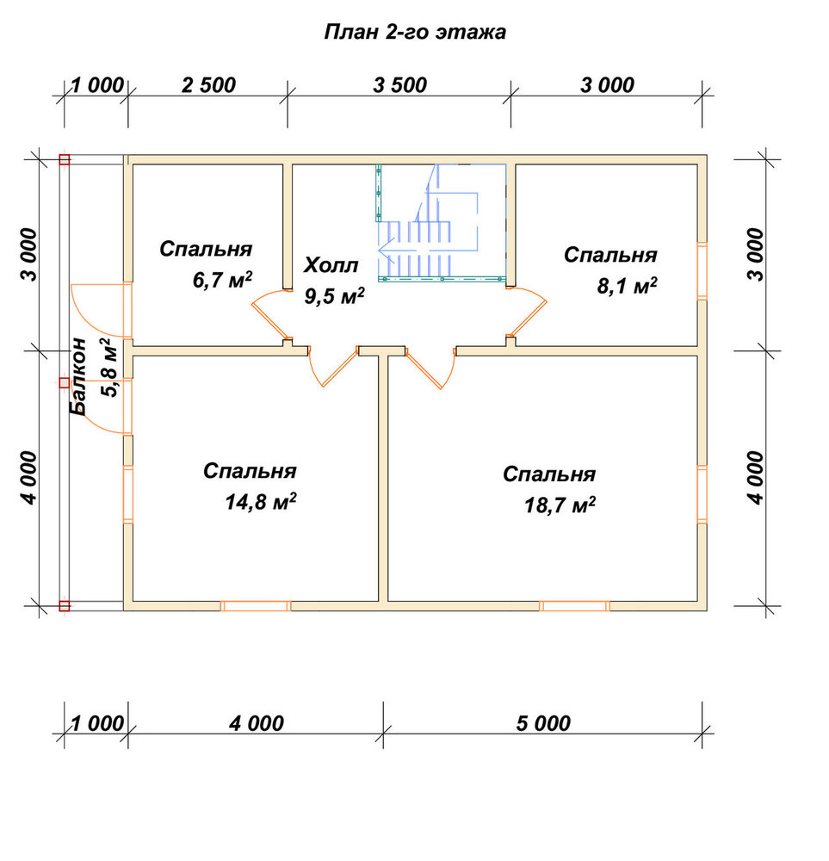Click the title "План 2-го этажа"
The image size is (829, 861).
point(415,33)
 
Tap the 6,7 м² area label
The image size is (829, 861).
point(222,280)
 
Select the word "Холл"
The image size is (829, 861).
point(331,265)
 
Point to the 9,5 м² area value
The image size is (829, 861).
point(334,296)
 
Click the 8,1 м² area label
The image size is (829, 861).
point(627,286)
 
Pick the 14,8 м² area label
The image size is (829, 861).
point(261,501)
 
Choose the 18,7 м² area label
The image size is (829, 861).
point(560,505)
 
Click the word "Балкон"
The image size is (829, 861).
point(78,376)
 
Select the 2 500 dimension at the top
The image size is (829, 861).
point(208,85)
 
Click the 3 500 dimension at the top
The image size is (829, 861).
point(399,85)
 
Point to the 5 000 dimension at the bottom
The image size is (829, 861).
point(543,723)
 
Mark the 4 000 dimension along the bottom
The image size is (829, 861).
point(257,723)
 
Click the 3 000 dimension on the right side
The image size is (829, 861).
point(756,255)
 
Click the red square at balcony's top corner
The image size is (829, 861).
point(65,160)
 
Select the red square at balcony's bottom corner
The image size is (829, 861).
point(65,606)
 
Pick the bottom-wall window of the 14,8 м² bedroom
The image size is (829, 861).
point(256,606)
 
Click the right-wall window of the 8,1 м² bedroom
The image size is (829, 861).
point(702,270)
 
